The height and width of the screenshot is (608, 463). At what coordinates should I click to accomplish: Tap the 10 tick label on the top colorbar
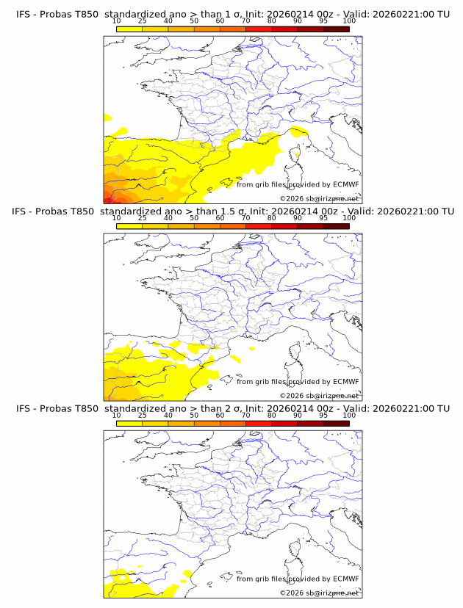[116, 22]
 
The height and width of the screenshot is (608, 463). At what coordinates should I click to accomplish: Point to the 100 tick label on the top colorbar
[348, 22]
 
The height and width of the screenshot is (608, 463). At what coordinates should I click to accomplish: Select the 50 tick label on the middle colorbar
[194, 219]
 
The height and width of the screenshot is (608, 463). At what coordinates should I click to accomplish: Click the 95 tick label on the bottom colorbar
[323, 416]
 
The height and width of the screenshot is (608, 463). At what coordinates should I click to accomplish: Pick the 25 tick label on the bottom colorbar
[142, 416]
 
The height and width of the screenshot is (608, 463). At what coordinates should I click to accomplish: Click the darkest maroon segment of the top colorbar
[336, 29]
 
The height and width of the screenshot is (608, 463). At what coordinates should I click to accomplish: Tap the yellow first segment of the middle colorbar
[129, 226]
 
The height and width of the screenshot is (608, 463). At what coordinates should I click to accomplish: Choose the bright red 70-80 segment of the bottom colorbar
[258, 423]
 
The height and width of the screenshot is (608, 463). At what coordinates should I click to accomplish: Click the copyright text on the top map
[319, 198]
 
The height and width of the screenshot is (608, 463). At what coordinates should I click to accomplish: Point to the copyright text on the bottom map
[319, 593]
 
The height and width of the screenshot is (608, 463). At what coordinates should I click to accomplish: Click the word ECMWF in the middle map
[345, 382]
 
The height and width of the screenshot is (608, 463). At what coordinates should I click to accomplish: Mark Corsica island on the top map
[298, 156]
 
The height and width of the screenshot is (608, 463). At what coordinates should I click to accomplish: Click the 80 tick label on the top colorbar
[271, 22]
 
